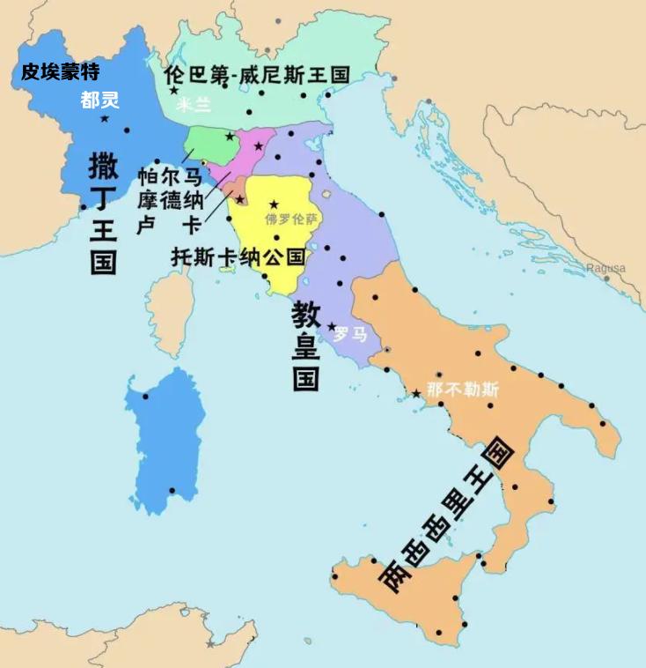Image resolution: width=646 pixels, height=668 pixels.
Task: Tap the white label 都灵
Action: (x=99, y=100)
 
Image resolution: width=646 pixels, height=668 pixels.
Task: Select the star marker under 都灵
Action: (x=105, y=118)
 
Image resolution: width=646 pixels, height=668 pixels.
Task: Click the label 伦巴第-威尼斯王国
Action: (x=257, y=74)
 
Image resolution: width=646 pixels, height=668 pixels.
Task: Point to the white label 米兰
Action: (x=194, y=105)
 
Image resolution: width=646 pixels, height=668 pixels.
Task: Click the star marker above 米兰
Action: (x=174, y=90)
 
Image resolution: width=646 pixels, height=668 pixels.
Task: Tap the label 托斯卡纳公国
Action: (x=238, y=257)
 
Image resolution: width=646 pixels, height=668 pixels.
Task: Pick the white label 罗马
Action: (x=350, y=334)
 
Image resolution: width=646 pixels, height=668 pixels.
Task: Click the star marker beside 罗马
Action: (x=332, y=327)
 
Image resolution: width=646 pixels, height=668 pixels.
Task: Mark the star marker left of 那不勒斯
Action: (x=416, y=393)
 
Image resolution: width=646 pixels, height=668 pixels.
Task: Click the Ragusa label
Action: (x=606, y=268)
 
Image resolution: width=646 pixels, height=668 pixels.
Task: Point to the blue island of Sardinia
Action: (x=165, y=441)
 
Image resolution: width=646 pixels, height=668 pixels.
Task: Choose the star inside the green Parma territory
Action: (x=230, y=137)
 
